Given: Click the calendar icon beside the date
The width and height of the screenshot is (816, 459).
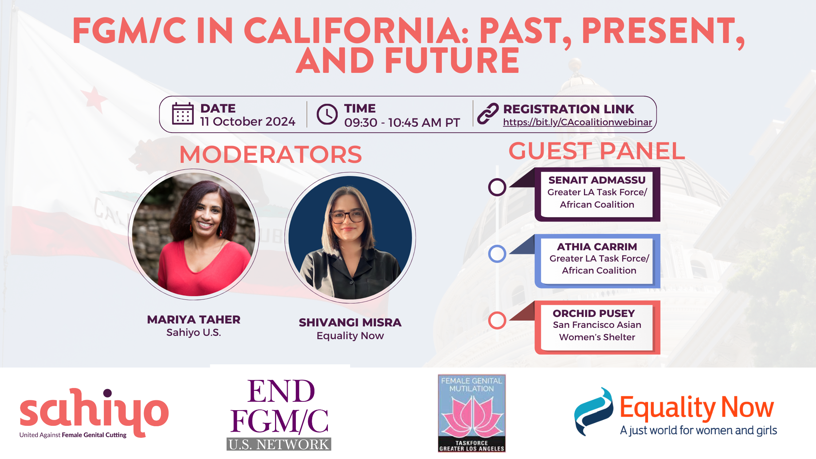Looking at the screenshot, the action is click(x=183, y=114).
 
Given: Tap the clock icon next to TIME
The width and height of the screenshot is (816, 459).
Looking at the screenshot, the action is click(x=327, y=114).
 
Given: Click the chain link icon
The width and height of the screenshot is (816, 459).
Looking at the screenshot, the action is click(x=488, y=114).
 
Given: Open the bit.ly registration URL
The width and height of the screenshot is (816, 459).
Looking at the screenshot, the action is click(x=577, y=122).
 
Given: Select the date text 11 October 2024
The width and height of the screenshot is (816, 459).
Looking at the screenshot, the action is click(x=248, y=121).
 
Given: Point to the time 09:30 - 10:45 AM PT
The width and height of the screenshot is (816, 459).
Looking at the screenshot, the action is click(x=402, y=122).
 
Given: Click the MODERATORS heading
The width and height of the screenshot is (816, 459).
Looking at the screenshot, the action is click(x=271, y=154).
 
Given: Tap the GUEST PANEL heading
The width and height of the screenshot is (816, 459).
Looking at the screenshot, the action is click(x=597, y=151).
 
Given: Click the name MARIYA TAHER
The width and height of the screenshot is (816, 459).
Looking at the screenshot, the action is click(x=194, y=319).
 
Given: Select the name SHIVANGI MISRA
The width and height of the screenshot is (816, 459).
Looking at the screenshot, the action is click(x=350, y=322).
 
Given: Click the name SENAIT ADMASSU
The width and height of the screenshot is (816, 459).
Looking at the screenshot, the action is click(x=597, y=180).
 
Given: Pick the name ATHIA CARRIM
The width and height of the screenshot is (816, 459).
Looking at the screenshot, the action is click(x=597, y=247).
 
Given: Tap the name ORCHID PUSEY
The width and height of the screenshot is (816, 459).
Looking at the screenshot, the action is click(x=594, y=313).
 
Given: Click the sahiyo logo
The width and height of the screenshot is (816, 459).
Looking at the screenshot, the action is click(x=94, y=413).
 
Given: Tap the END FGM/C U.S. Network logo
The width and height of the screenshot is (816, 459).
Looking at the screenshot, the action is click(x=279, y=414).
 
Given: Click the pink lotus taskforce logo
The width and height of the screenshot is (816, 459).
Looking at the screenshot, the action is click(x=472, y=413).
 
